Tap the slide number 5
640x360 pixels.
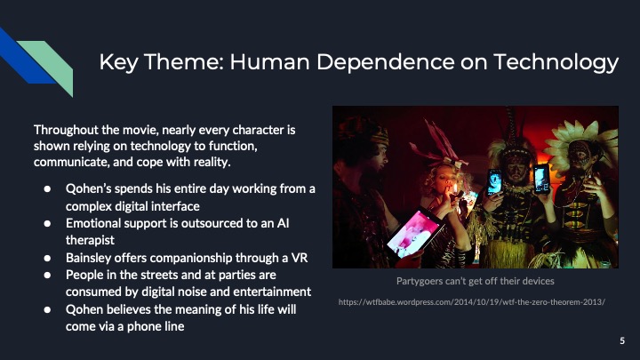(x=621, y=340)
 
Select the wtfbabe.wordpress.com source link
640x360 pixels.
(x=472, y=302)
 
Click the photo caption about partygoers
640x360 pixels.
(x=475, y=281)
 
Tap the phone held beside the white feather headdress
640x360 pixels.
(x=540, y=178)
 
